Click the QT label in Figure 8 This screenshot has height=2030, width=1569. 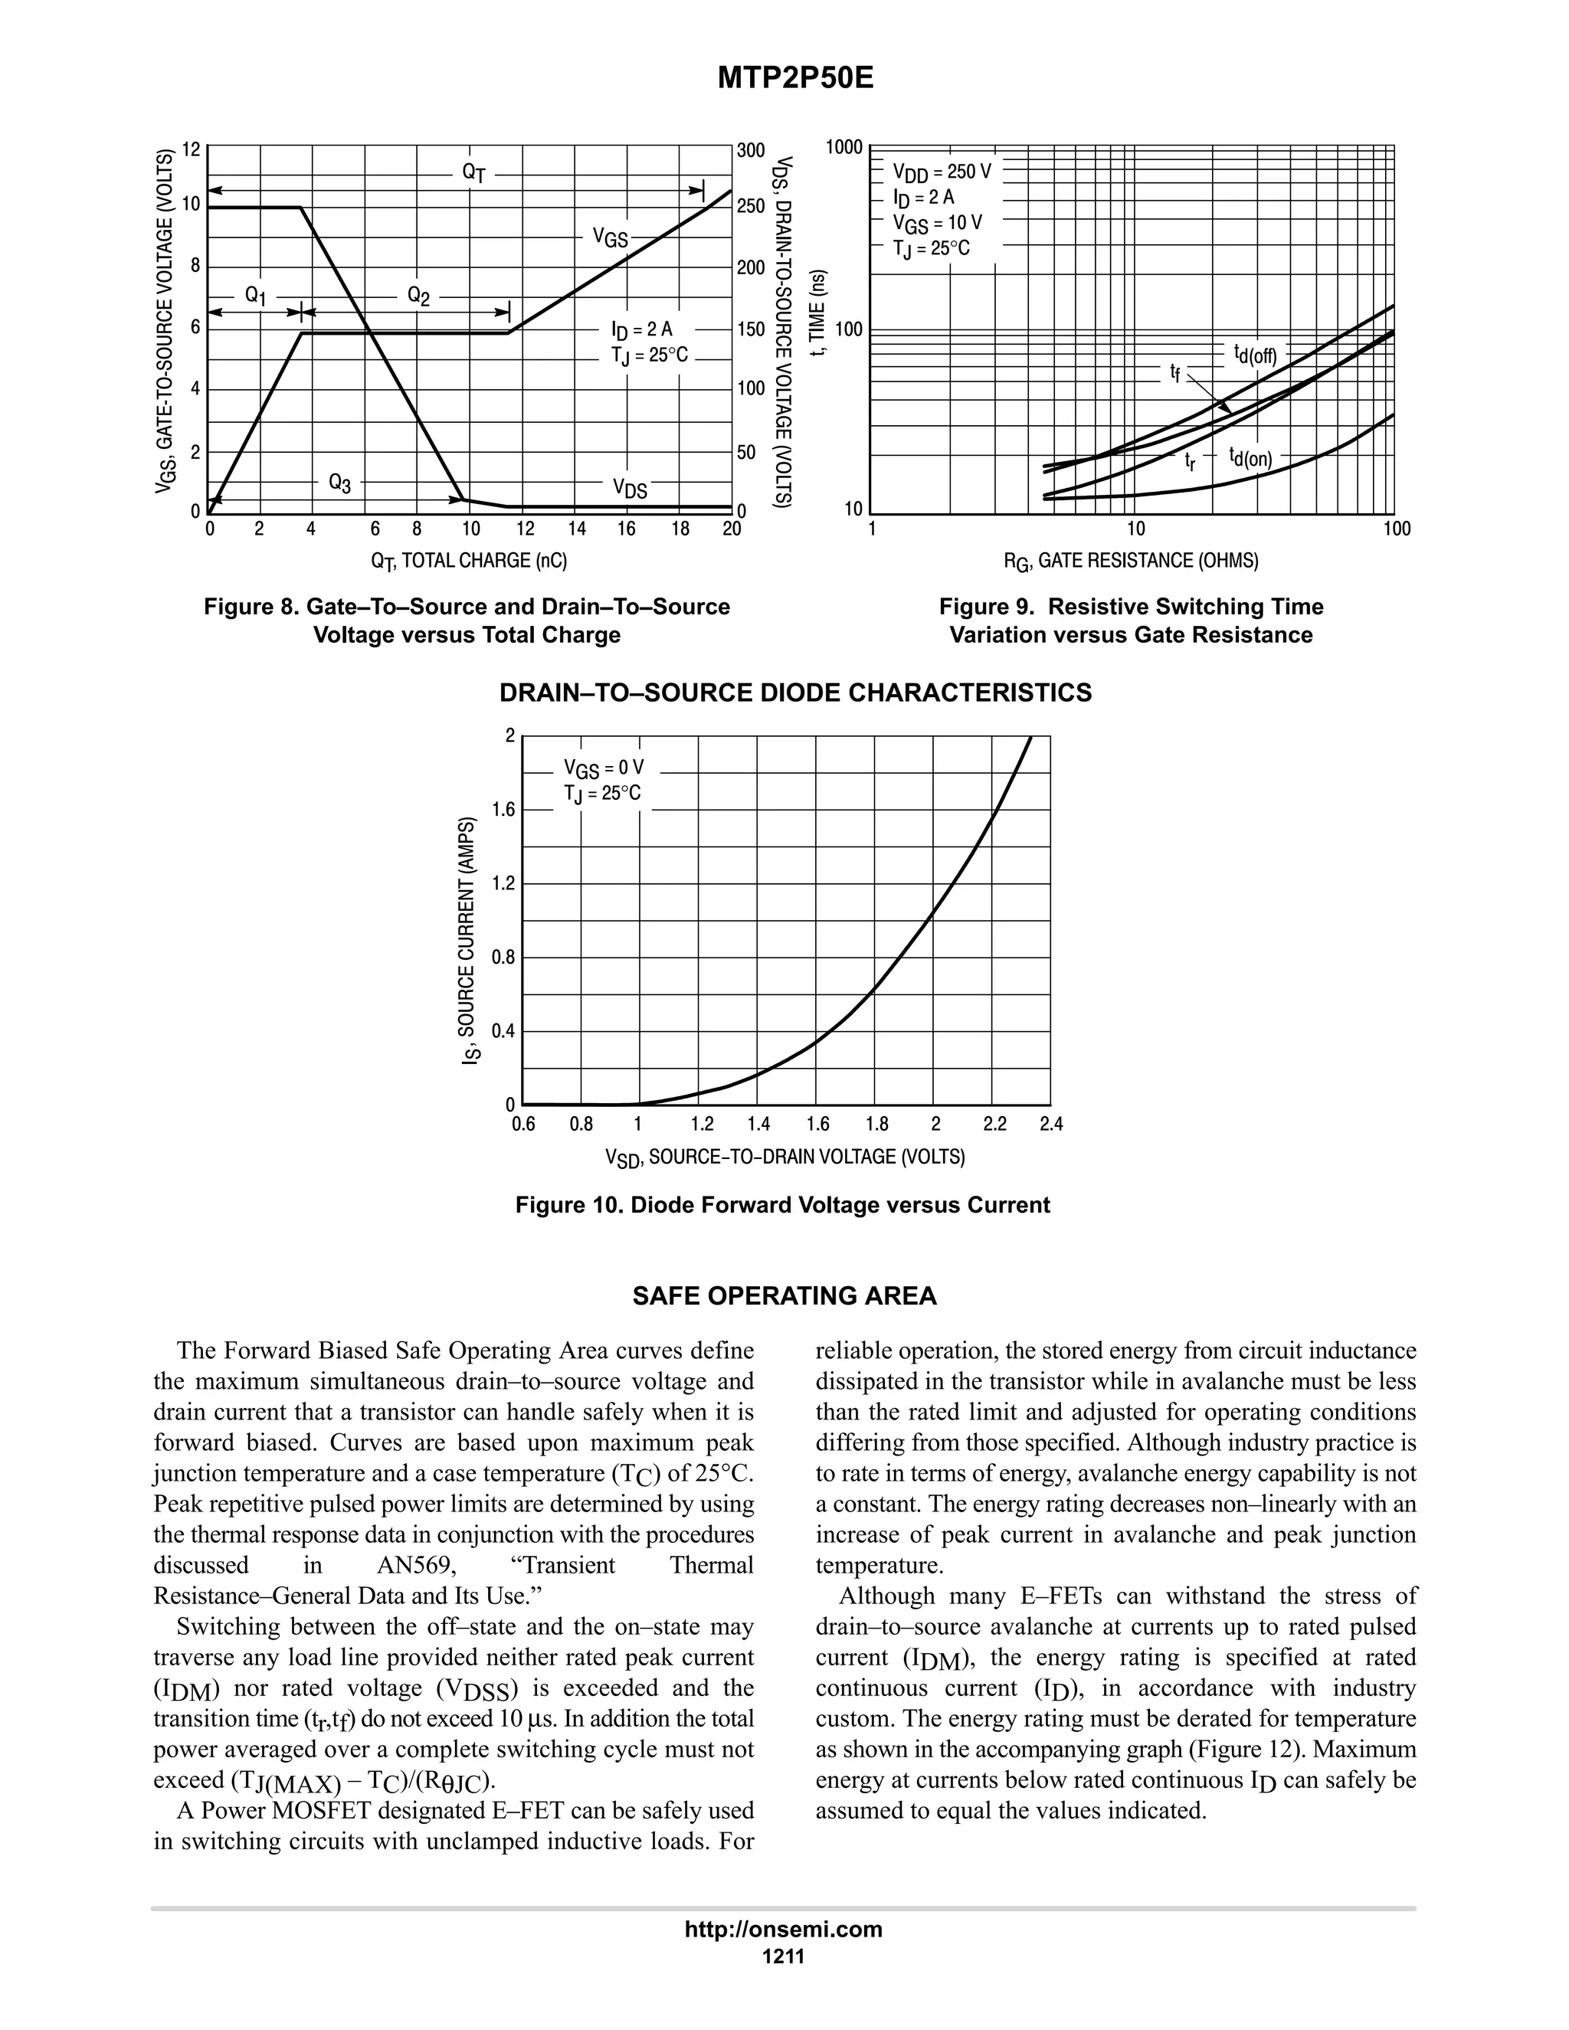click(474, 173)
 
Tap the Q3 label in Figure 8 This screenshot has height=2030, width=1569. click(339, 483)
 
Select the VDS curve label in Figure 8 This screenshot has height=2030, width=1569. click(629, 489)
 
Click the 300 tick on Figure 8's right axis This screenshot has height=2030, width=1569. click(750, 151)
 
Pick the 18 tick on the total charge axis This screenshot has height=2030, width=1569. click(680, 529)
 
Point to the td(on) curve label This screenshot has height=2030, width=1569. click(1250, 457)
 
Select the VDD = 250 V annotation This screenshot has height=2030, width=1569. click(941, 172)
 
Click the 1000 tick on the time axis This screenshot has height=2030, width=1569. click(844, 148)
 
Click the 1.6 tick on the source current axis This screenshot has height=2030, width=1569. click(503, 810)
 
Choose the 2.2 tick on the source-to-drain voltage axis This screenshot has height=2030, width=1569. click(994, 1125)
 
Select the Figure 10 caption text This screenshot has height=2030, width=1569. click(783, 1206)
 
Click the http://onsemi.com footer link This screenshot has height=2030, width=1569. click(783, 1930)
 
